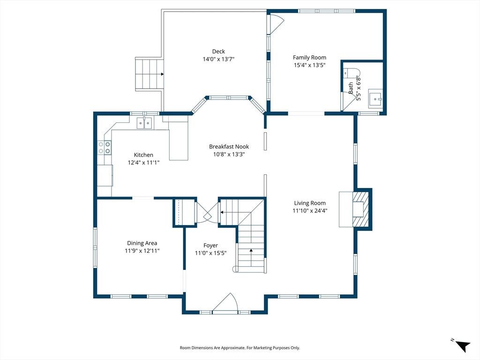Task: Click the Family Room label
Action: (x=309, y=57)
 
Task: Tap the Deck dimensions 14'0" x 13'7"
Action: (x=218, y=59)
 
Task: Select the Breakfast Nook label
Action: (x=229, y=147)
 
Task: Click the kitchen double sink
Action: (x=144, y=123)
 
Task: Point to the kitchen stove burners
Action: (x=105, y=147)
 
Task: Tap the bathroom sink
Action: (x=375, y=97)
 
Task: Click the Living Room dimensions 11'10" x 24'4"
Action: (x=310, y=210)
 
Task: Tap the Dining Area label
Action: (x=142, y=243)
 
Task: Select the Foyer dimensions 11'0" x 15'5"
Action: (x=210, y=253)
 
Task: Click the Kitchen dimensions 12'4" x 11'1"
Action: (x=143, y=163)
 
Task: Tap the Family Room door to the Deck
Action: (x=275, y=24)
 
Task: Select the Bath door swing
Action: (x=348, y=101)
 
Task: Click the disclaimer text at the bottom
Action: (x=240, y=348)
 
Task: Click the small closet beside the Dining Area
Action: (x=185, y=212)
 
